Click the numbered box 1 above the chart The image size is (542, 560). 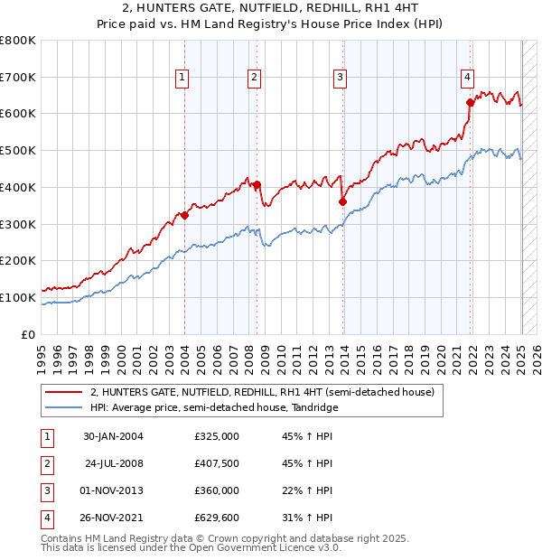pos(182,79)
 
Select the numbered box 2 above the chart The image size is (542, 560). pos(254,79)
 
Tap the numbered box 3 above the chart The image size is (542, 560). pos(341,79)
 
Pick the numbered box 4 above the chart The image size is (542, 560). pos(468,77)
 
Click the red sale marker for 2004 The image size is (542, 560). pos(184,215)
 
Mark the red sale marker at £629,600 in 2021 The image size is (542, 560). pos(471,102)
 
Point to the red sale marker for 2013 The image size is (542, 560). pos(343,201)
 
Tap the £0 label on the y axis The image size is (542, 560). pos(28,334)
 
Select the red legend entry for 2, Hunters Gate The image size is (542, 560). pos(262,392)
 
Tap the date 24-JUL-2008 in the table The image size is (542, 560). pos(114,464)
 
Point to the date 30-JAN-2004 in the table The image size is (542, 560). pos(114,436)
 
